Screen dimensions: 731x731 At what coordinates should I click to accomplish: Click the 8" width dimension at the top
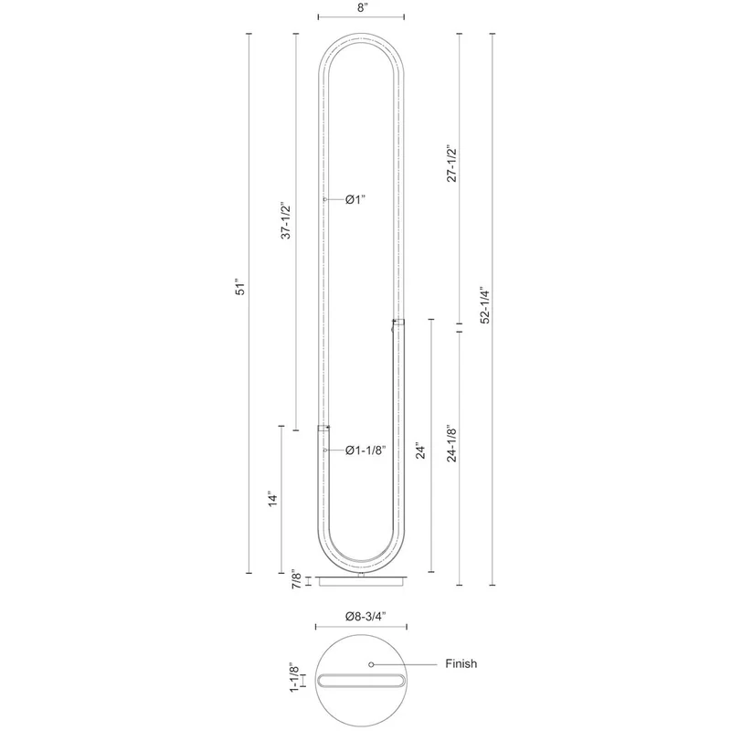(x=361, y=8)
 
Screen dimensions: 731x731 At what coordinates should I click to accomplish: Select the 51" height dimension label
(x=239, y=287)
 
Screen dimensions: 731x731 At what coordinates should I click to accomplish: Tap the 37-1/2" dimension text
(x=285, y=220)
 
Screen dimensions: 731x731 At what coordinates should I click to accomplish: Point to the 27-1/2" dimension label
(x=451, y=163)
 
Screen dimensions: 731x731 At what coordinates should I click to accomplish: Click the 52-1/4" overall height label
(x=485, y=305)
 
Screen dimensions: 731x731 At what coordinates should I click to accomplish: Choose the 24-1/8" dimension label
(x=451, y=443)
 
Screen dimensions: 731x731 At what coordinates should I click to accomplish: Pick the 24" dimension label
(x=420, y=450)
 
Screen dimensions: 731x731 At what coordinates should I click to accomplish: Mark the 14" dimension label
(x=272, y=499)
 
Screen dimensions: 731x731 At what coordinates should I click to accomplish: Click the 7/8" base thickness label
(x=296, y=579)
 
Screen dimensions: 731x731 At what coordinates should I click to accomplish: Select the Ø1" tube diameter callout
(x=355, y=199)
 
